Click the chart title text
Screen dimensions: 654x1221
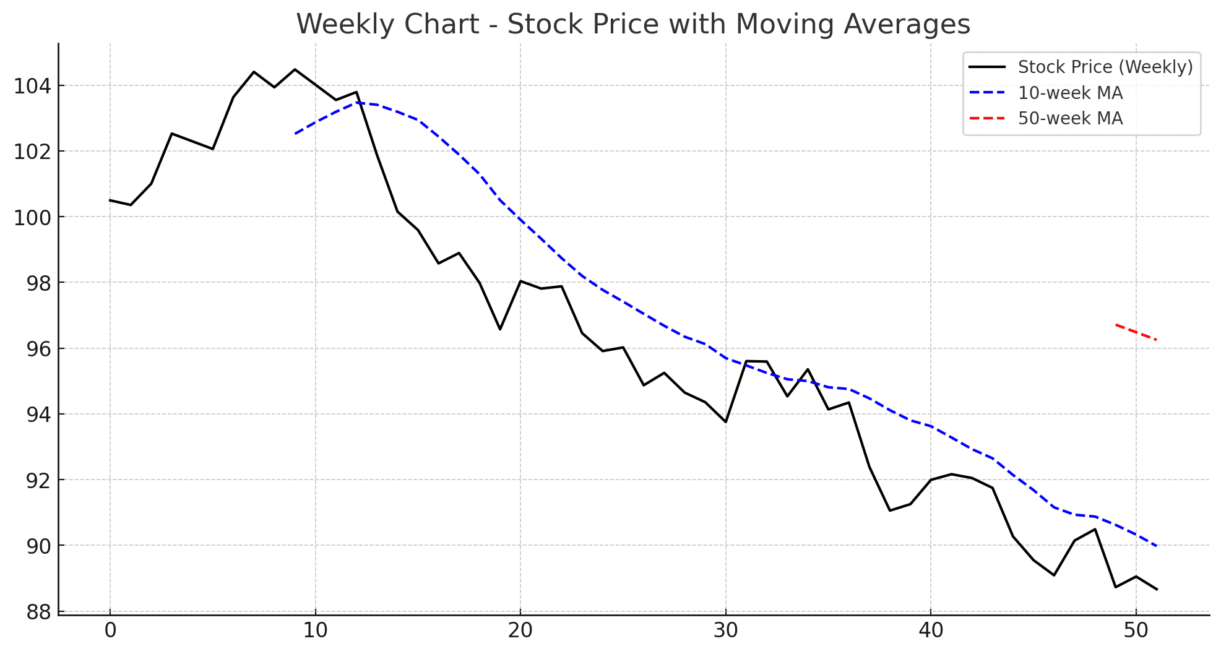[x=632, y=25]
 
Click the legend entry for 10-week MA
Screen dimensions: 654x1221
[x=1070, y=93]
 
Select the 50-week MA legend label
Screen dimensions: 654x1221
[x=1070, y=118]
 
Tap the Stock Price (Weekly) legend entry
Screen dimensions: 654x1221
[x=1105, y=67]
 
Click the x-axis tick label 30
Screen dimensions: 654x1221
[x=725, y=631]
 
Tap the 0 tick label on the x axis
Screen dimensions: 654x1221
[x=110, y=631]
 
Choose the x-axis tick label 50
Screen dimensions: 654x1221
[x=1136, y=631]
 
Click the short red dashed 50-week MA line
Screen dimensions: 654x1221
[x=1136, y=332]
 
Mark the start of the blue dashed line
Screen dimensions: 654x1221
[x=295, y=134]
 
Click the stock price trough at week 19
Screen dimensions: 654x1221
[x=500, y=329]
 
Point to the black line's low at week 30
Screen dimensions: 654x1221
[x=725, y=422]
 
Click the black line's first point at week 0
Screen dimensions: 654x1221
[x=110, y=200]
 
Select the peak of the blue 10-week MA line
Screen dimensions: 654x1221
[x=356, y=103]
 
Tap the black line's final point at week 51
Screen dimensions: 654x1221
[x=1157, y=590]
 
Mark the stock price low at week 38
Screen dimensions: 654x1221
[x=889, y=510]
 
